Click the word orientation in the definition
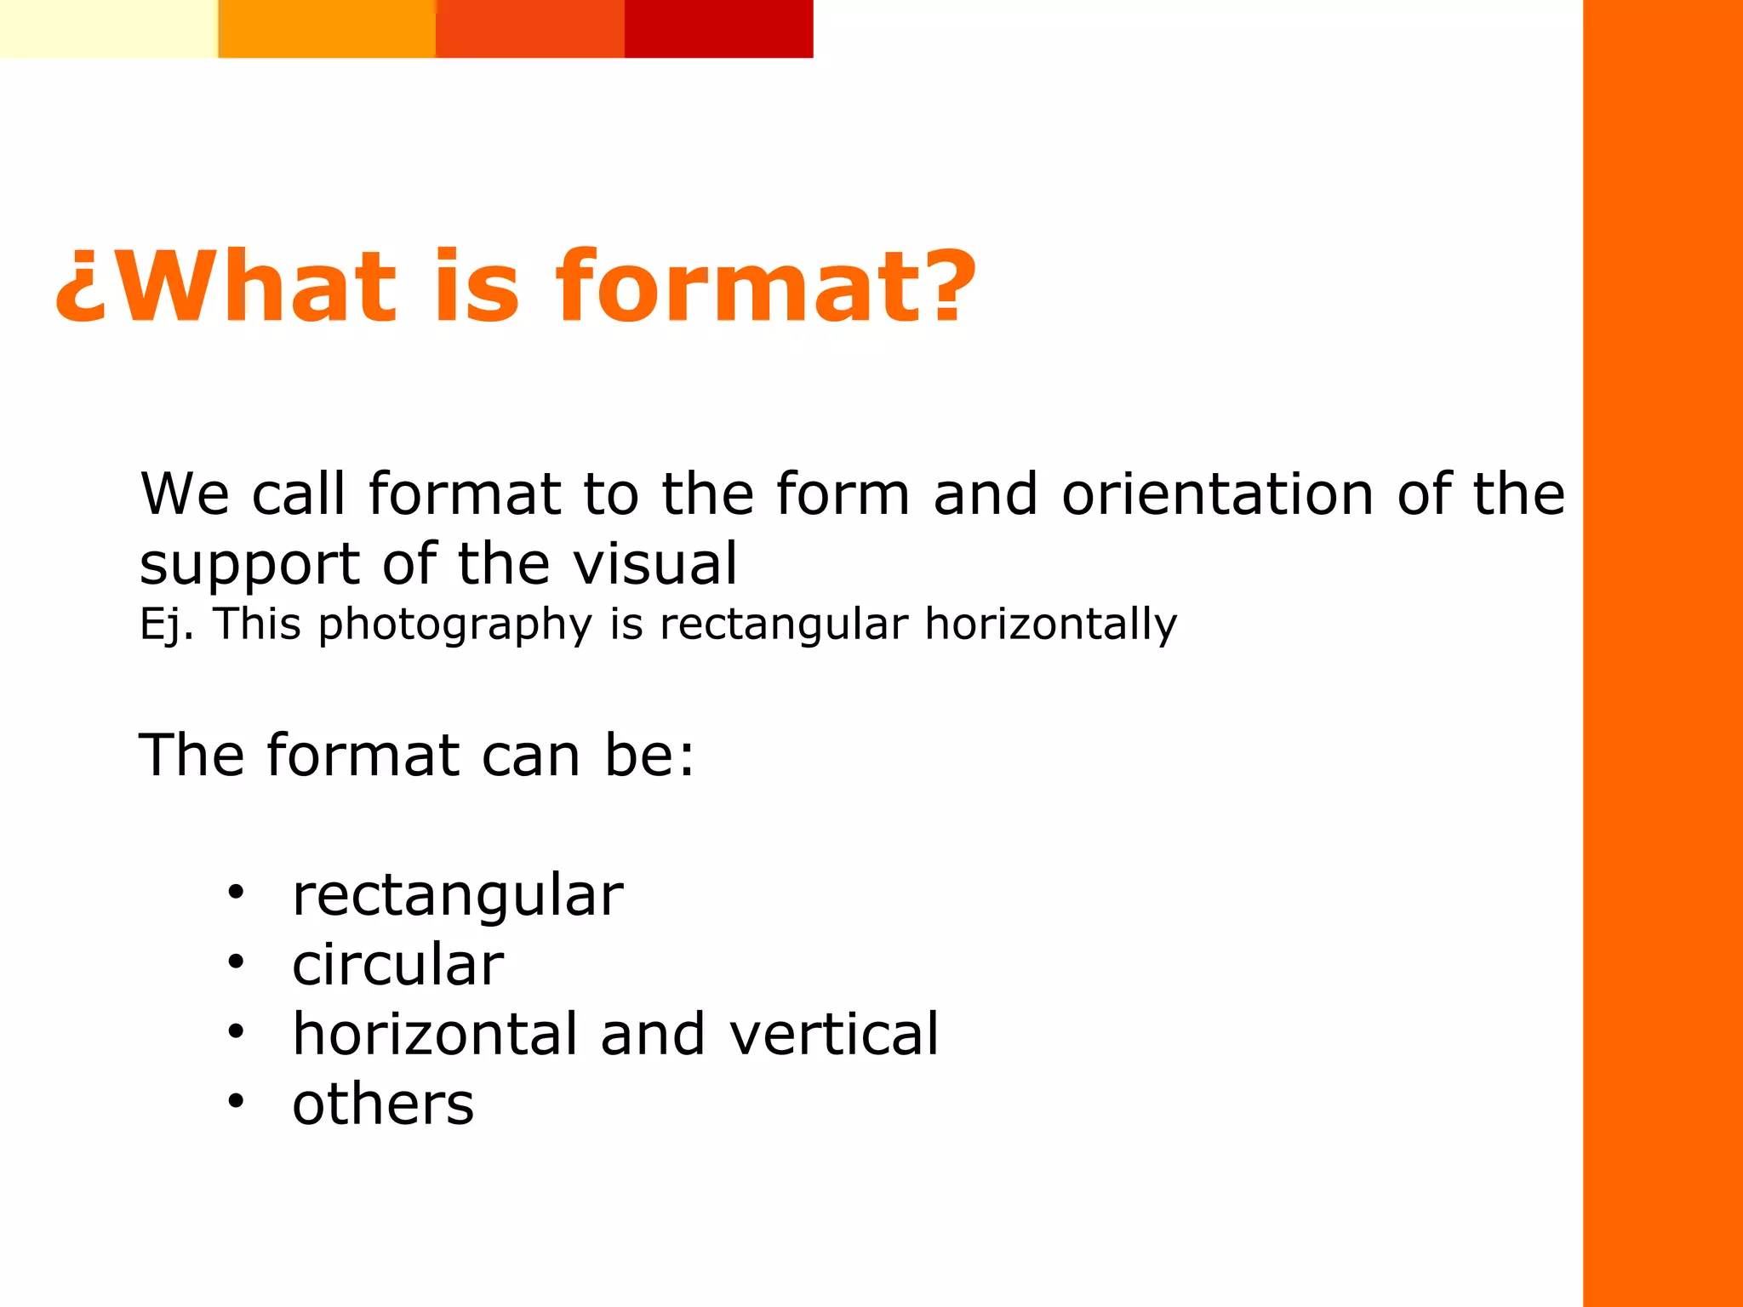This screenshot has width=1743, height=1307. click(1217, 494)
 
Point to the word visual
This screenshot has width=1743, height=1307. click(654, 563)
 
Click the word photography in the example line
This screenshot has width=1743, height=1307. click(454, 625)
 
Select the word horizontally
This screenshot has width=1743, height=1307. click(1050, 624)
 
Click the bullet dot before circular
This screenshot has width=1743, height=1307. click(236, 962)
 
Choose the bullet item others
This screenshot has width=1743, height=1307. click(383, 1104)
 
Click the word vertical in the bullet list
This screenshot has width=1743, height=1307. click(834, 1034)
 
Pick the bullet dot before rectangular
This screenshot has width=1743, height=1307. click(236, 893)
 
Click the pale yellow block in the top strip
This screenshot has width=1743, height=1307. click(108, 28)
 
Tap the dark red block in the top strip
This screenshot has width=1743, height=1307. click(718, 28)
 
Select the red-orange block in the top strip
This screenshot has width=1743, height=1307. click(529, 28)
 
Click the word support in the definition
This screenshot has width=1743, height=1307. click(250, 565)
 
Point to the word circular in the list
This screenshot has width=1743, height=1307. click(397, 965)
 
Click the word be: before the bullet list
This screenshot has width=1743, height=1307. click(649, 755)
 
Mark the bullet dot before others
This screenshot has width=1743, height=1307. click(236, 1102)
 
